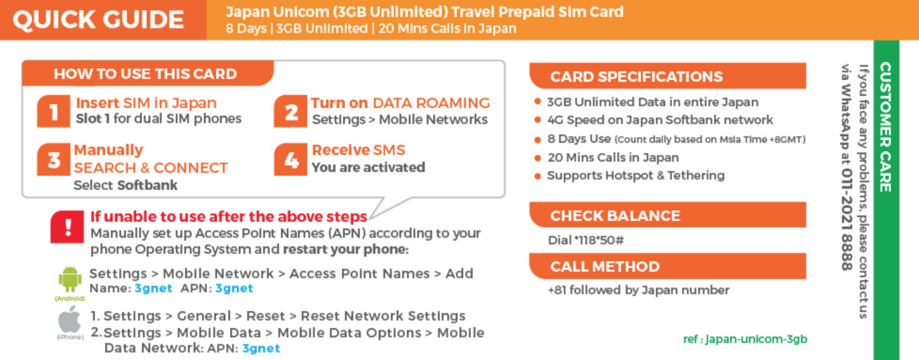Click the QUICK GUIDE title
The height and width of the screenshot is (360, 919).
click(98, 20)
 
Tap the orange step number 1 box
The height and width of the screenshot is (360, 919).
click(54, 111)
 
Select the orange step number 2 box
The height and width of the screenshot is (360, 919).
click(291, 111)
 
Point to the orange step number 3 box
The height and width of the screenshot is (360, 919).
click(54, 159)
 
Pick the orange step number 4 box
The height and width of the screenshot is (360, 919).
click(291, 159)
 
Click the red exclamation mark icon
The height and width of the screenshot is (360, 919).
click(67, 227)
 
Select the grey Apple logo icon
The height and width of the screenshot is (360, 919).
click(70, 320)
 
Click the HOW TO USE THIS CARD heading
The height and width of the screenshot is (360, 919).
click(145, 74)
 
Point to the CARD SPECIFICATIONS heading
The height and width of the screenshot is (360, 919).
click(637, 77)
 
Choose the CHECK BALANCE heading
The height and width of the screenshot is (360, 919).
click(615, 216)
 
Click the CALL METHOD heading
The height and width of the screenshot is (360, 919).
click(605, 266)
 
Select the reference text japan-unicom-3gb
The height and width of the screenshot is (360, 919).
click(756, 339)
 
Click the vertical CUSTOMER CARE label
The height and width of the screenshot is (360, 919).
click(886, 127)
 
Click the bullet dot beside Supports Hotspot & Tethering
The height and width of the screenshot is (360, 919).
click(537, 176)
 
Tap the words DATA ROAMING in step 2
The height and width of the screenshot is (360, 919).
click(431, 103)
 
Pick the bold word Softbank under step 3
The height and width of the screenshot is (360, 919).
click(148, 185)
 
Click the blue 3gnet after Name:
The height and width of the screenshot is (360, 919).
click(154, 288)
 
